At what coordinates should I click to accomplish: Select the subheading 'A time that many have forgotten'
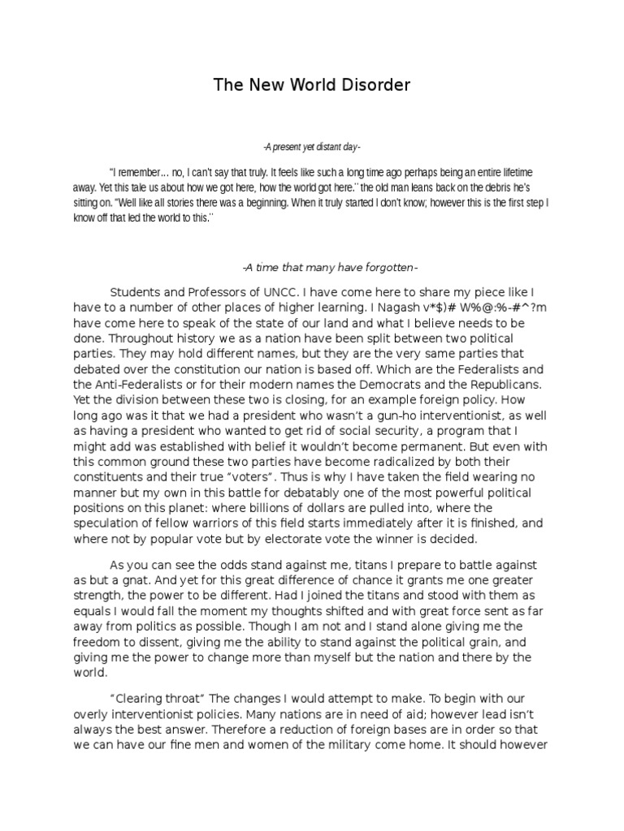[x=330, y=267]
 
